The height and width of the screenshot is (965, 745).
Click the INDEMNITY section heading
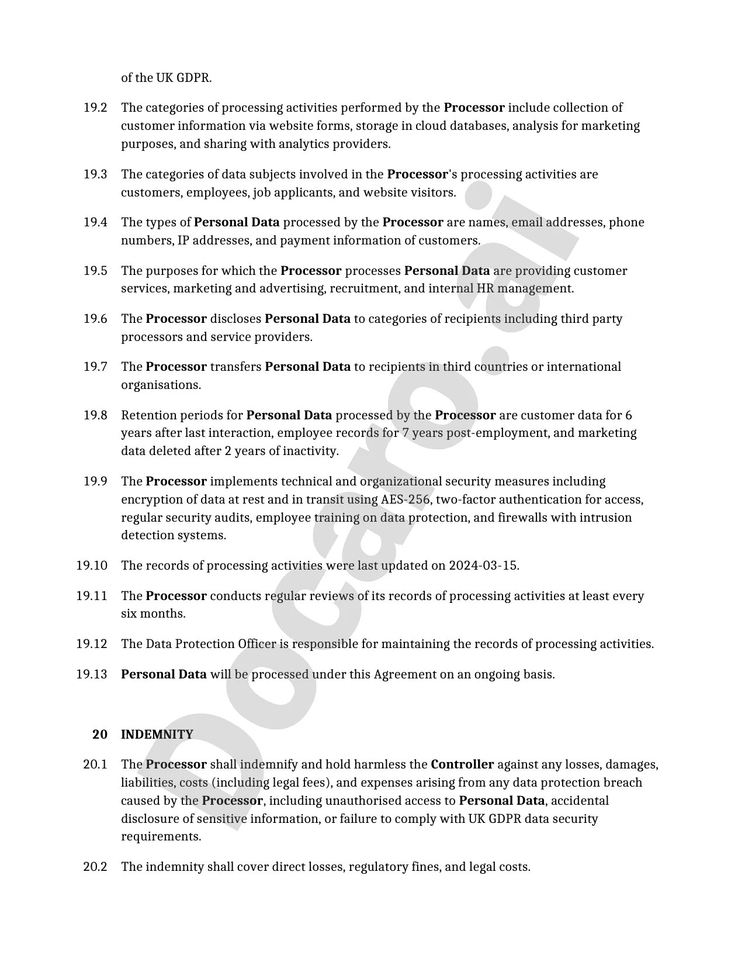(x=157, y=735)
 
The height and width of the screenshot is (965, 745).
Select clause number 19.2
(x=95, y=108)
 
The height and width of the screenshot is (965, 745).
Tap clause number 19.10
(x=92, y=566)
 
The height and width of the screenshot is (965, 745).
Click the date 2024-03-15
(x=483, y=566)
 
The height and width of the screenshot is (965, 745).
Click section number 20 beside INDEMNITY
(x=100, y=735)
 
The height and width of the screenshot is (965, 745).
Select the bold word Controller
(x=462, y=764)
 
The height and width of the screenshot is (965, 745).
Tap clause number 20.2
(x=95, y=867)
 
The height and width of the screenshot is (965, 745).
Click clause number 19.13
(x=92, y=674)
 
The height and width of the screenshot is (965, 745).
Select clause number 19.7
(x=95, y=367)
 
